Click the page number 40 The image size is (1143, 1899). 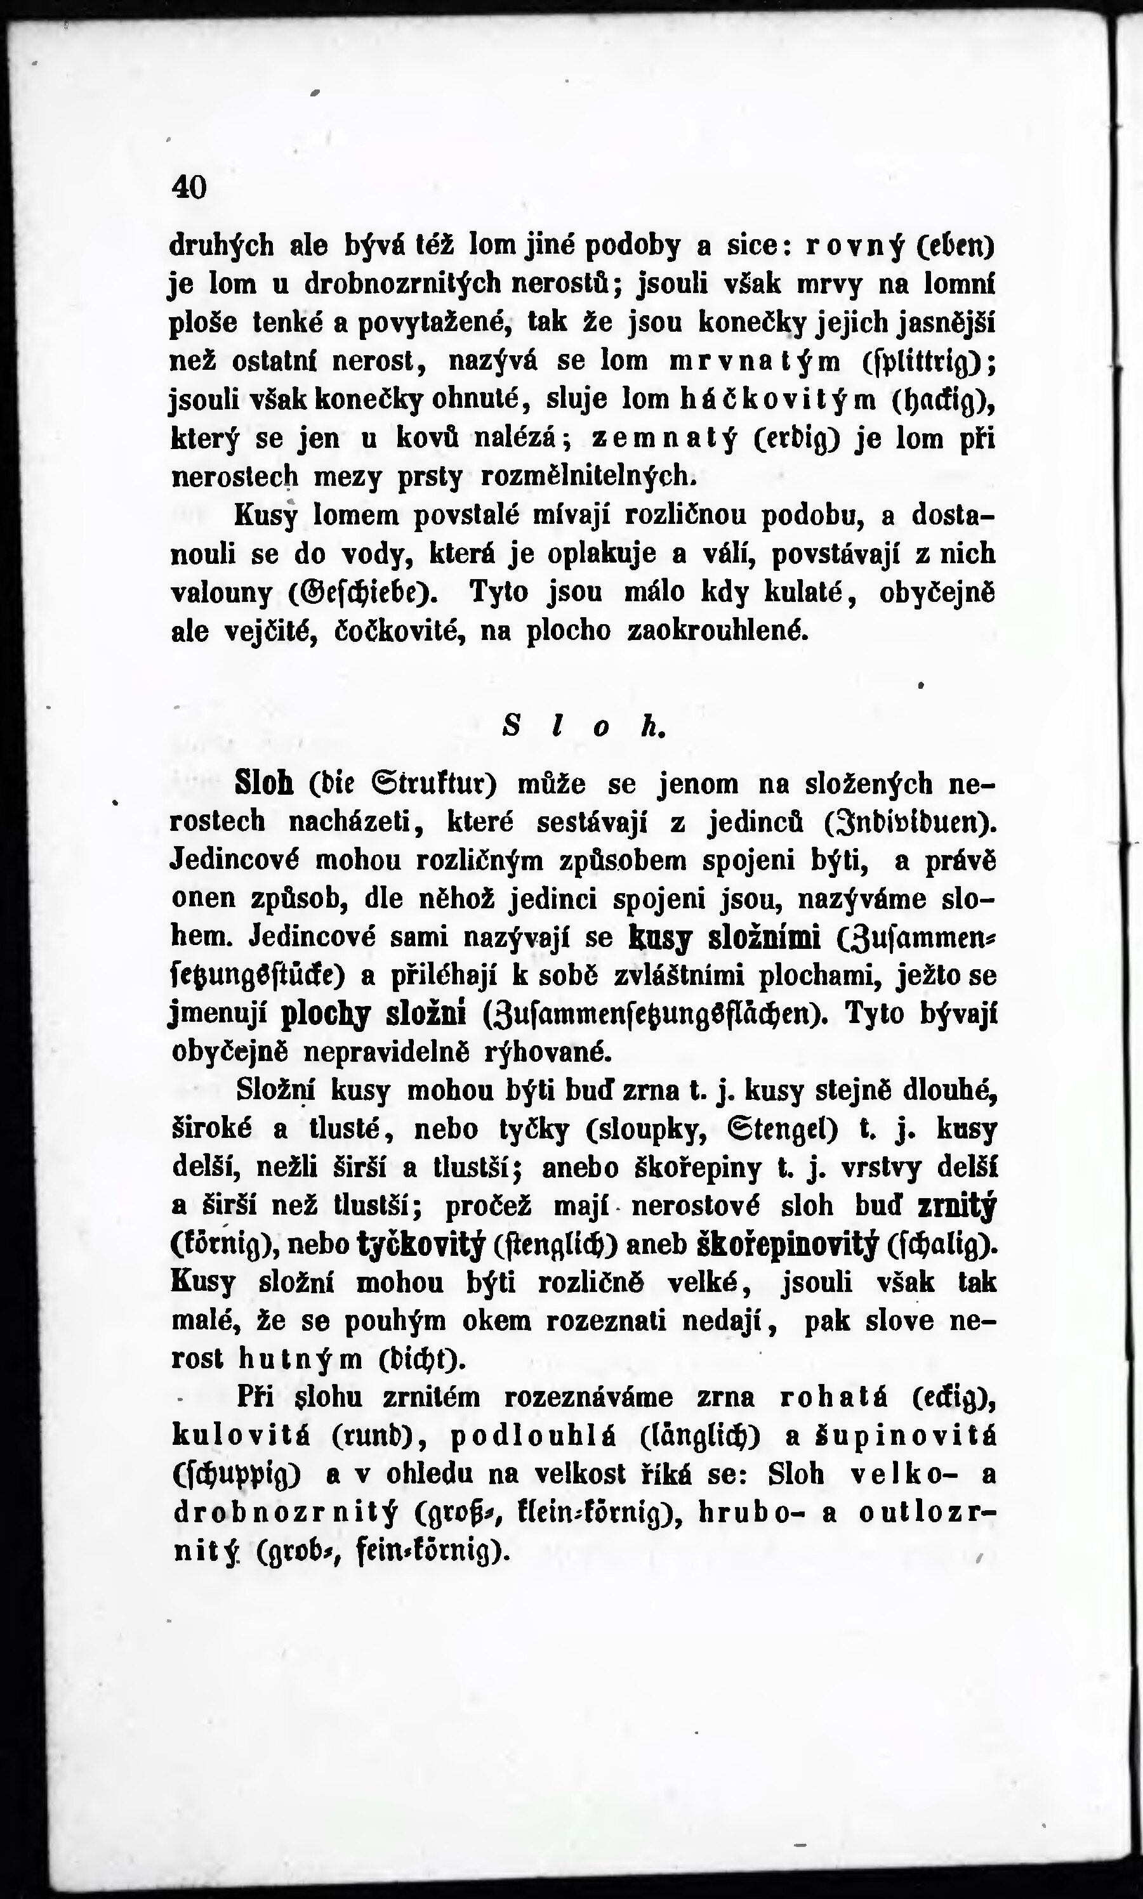[x=190, y=187]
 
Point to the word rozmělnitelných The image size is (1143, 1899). [x=588, y=477]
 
